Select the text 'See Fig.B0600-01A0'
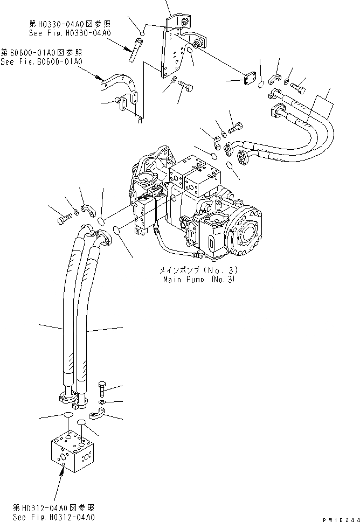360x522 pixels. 41,62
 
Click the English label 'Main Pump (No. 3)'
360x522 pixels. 200,280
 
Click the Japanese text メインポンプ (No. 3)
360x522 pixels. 198,270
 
